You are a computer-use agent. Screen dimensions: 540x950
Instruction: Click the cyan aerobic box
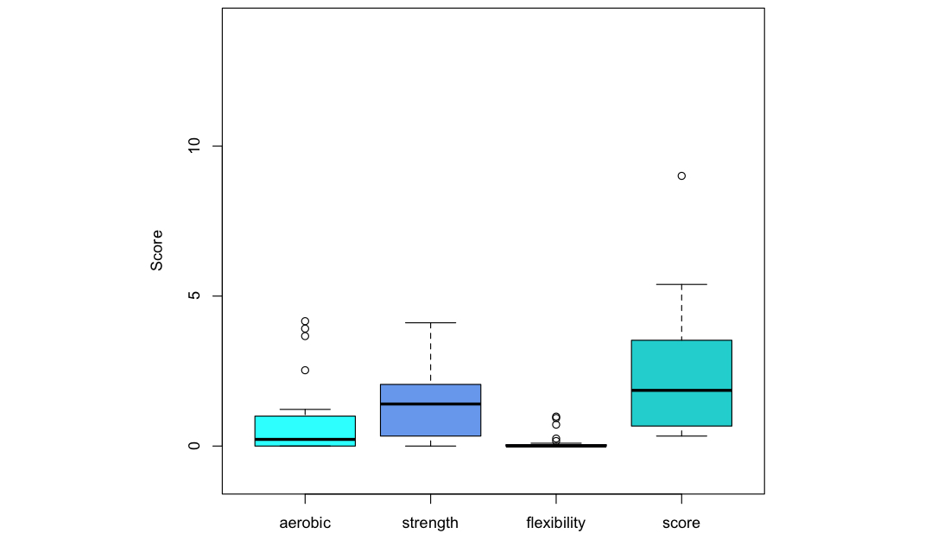point(305,427)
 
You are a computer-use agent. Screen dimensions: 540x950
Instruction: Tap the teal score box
point(681,363)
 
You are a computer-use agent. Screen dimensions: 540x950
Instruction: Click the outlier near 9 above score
point(681,175)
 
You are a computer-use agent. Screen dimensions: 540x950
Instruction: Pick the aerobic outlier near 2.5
point(305,370)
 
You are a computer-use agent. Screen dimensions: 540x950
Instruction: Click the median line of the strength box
point(430,403)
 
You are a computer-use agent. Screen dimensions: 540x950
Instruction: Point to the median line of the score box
point(681,391)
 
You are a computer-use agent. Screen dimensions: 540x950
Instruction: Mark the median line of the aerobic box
point(305,440)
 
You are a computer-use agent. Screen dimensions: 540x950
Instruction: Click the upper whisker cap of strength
point(430,322)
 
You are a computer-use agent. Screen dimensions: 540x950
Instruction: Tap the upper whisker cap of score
point(681,284)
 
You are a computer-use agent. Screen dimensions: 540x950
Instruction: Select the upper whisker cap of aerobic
point(305,410)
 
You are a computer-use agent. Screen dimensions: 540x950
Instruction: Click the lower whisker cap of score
point(681,435)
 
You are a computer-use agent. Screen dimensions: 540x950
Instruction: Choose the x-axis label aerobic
point(305,523)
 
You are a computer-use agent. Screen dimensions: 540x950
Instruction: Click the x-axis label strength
point(430,523)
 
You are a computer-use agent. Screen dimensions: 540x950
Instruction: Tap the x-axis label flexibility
point(555,523)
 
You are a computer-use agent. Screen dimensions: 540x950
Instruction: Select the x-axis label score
point(681,523)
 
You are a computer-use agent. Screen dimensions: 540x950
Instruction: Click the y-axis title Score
point(156,250)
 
